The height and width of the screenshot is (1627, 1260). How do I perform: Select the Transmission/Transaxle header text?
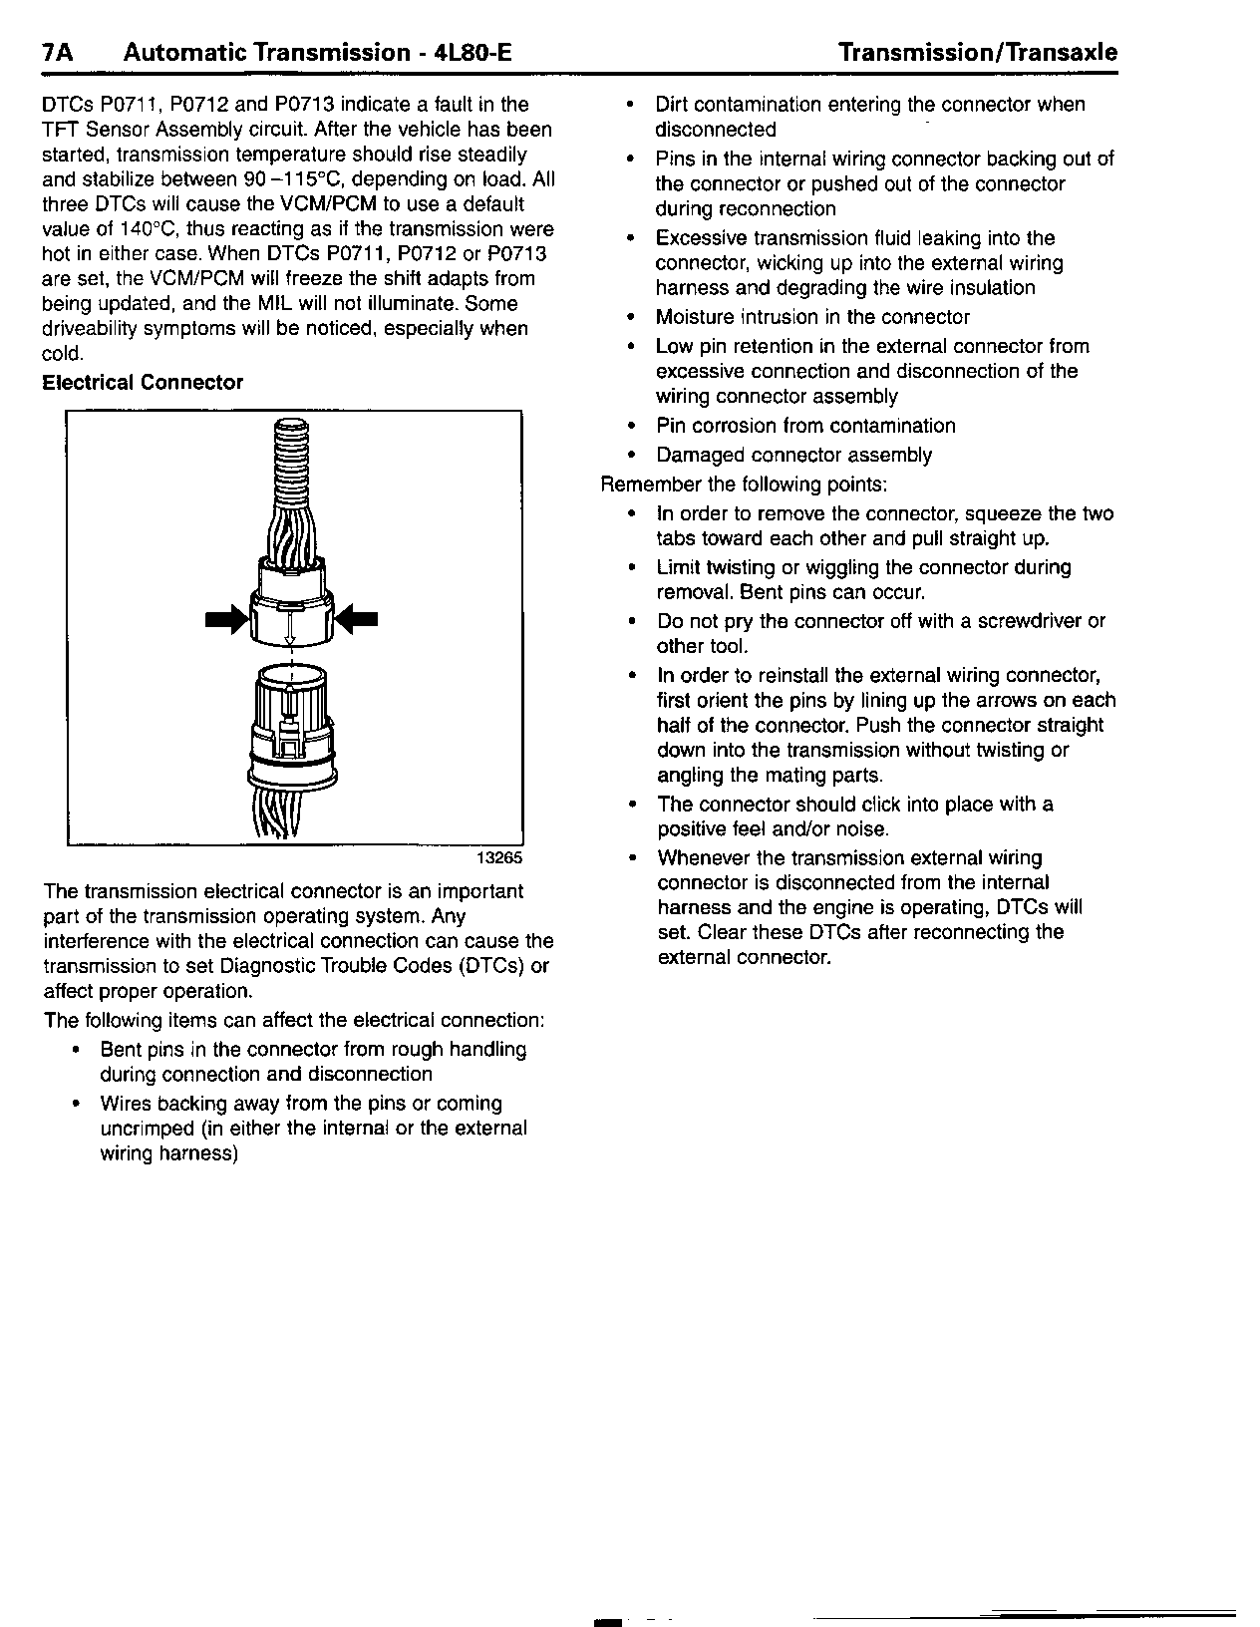click(x=977, y=53)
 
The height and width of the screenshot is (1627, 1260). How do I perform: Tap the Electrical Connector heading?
click(x=143, y=383)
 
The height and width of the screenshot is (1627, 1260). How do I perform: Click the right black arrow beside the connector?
click(x=358, y=620)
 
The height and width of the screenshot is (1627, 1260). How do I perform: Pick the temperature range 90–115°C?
click(x=296, y=179)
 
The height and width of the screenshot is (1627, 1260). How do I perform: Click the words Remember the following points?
click(x=743, y=485)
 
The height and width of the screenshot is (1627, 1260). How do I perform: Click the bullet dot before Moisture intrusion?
click(x=630, y=318)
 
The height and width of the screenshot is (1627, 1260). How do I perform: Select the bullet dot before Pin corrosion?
click(x=630, y=427)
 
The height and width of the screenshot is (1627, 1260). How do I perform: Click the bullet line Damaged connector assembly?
click(x=793, y=456)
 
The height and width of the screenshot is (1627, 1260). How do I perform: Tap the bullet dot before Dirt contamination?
click(x=630, y=105)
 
